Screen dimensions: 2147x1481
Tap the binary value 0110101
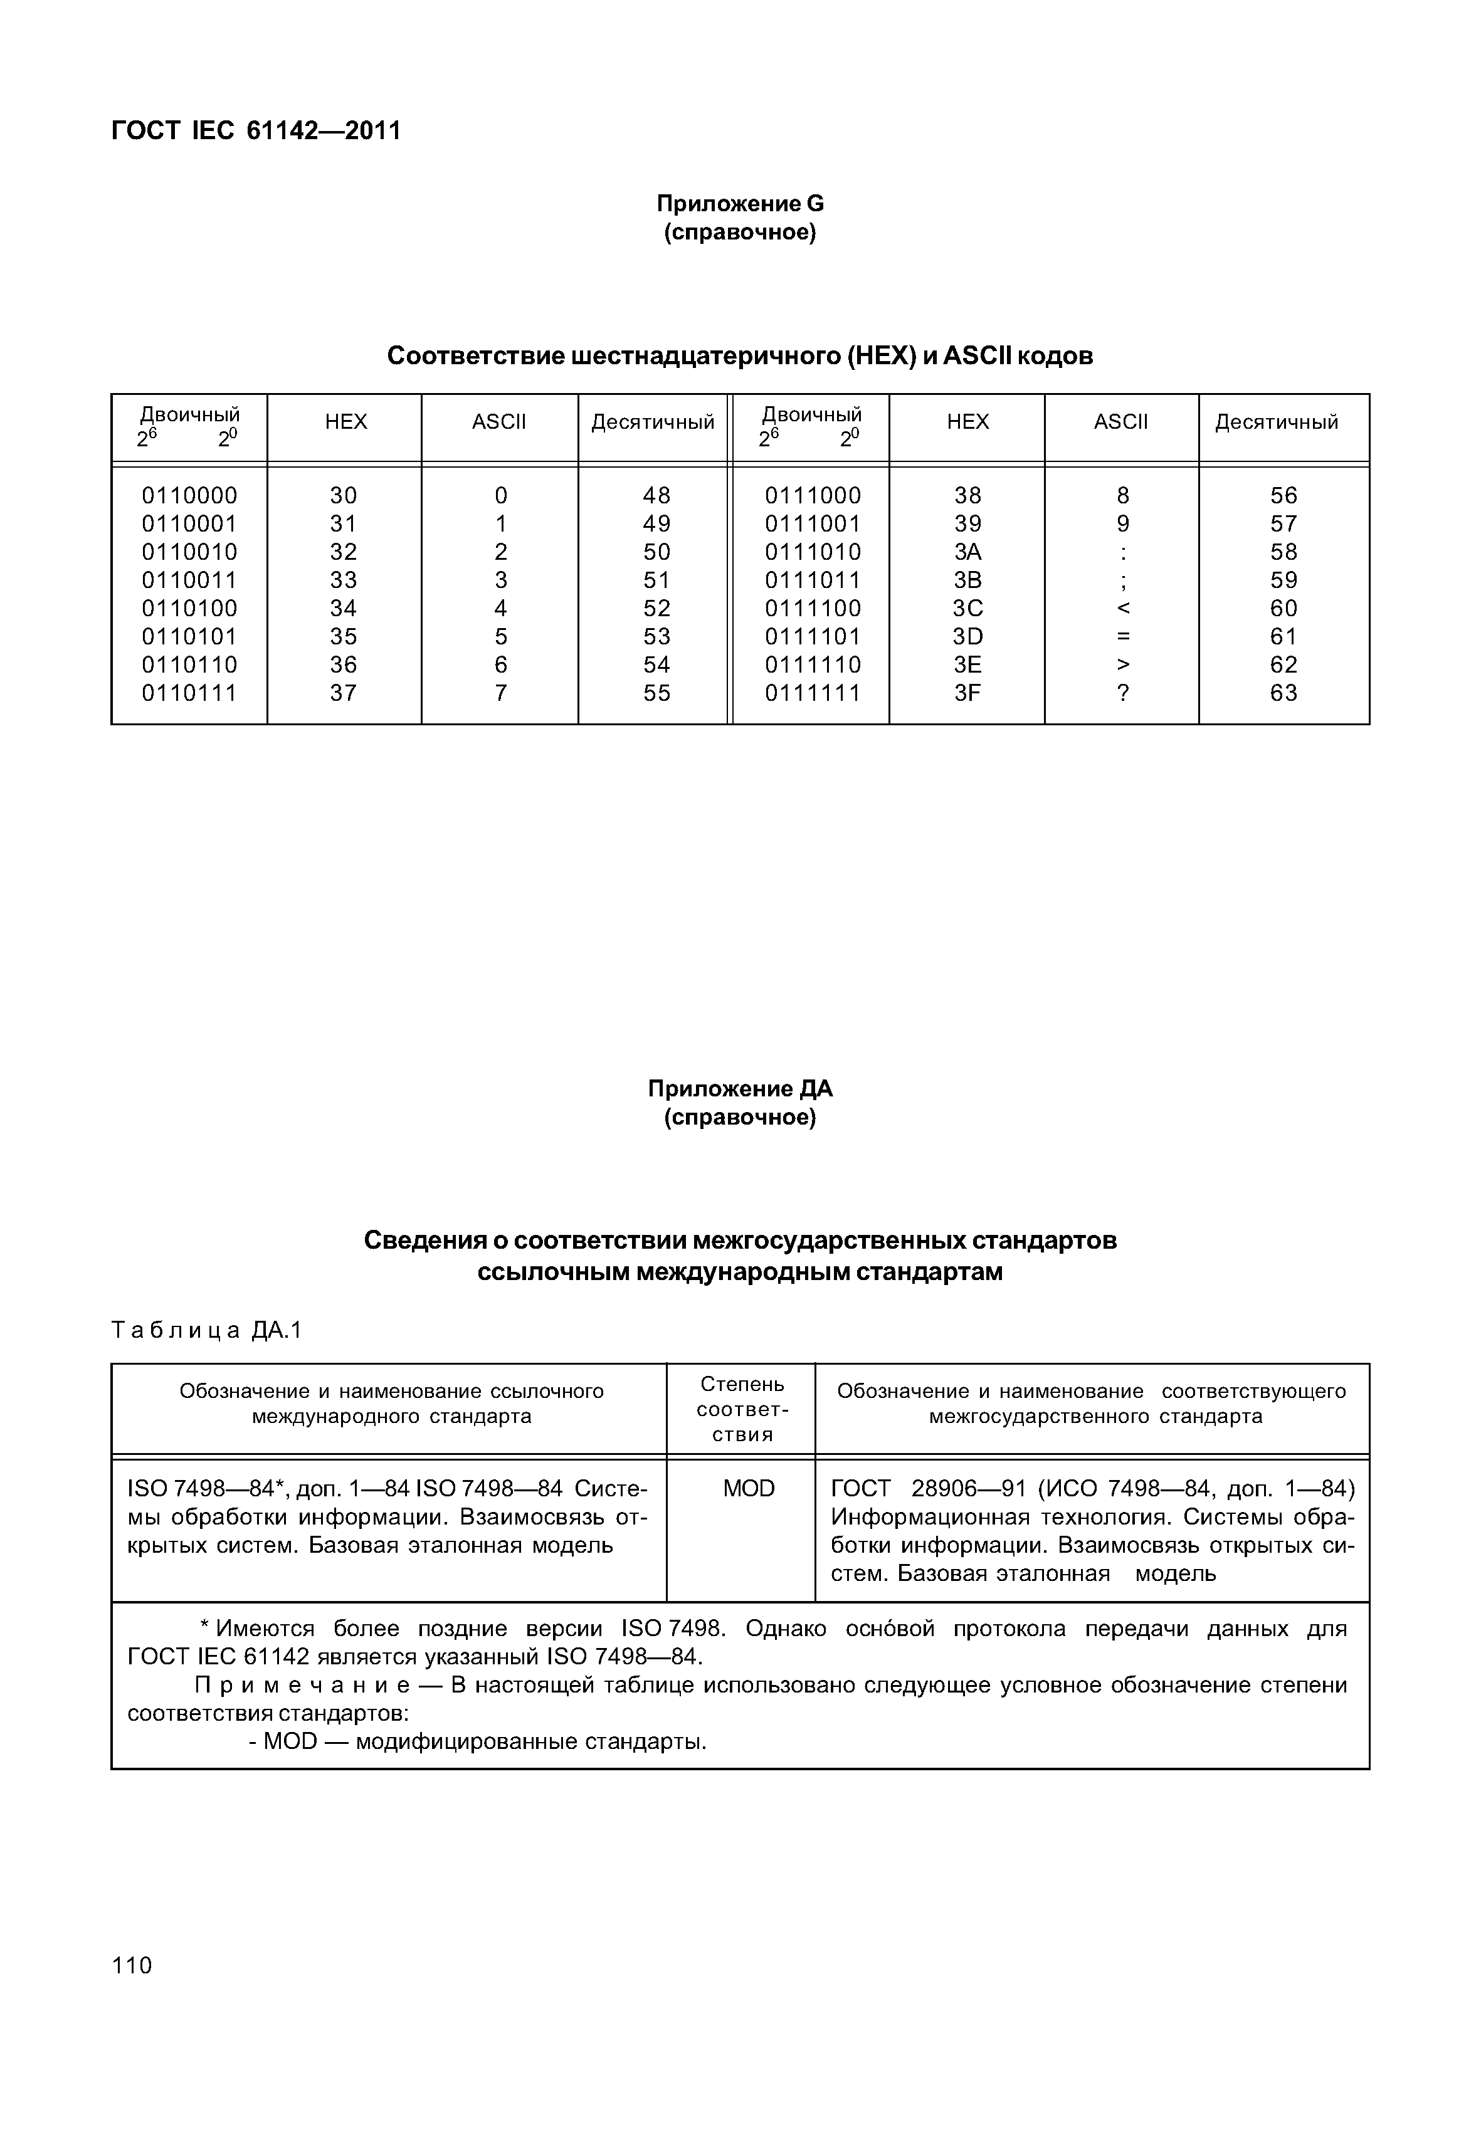coord(189,636)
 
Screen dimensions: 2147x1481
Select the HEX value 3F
coord(968,693)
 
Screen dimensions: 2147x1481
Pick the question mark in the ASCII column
coord(1123,693)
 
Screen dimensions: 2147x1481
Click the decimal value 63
coord(1283,693)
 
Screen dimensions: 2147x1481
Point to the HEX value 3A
coord(968,552)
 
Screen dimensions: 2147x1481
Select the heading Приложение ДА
coord(740,1088)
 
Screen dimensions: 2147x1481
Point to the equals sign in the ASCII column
coord(1123,636)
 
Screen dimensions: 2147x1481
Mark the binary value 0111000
coord(812,495)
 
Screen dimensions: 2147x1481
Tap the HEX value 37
coord(344,693)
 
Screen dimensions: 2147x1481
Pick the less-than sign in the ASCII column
coord(1123,609)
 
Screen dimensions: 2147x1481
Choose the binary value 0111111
coord(812,693)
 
